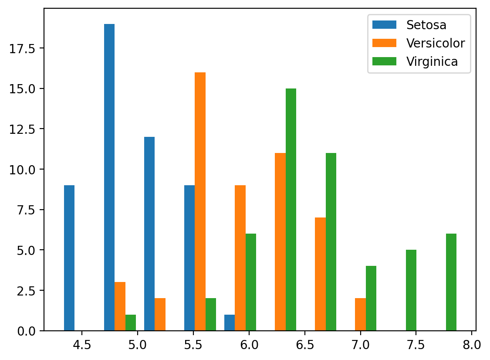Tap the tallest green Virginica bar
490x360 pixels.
click(291, 209)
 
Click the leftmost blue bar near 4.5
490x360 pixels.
click(69, 258)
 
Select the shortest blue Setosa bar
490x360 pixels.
click(230, 323)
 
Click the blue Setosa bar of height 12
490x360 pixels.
click(149, 234)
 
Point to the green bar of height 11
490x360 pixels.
click(331, 241)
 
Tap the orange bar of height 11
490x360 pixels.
click(280, 241)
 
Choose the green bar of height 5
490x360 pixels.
click(411, 290)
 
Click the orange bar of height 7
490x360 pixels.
click(320, 274)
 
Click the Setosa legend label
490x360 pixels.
click(426, 25)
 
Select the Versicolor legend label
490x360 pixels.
click(436, 43)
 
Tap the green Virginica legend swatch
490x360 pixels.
click(384, 61)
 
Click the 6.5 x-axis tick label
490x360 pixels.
click(304, 346)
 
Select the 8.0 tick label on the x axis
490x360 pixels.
click(471, 346)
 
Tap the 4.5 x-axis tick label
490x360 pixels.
click(81, 346)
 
